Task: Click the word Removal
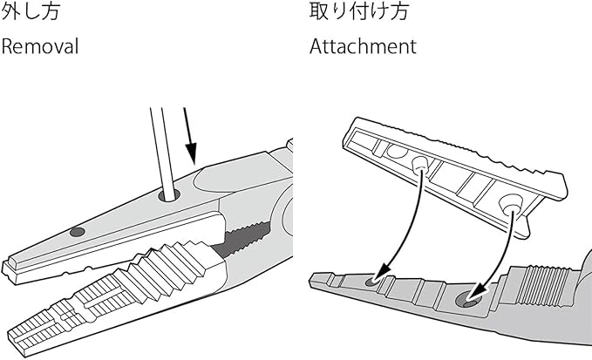(x=40, y=46)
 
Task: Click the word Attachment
(x=363, y=46)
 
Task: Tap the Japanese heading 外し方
(x=31, y=10)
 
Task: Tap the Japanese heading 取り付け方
(x=359, y=10)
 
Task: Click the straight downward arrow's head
(x=192, y=153)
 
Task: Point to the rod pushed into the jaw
(x=163, y=151)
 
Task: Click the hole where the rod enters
(x=169, y=195)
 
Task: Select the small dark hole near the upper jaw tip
(x=78, y=232)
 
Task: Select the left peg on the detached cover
(x=419, y=165)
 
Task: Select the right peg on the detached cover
(x=510, y=205)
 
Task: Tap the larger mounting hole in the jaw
(x=468, y=301)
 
